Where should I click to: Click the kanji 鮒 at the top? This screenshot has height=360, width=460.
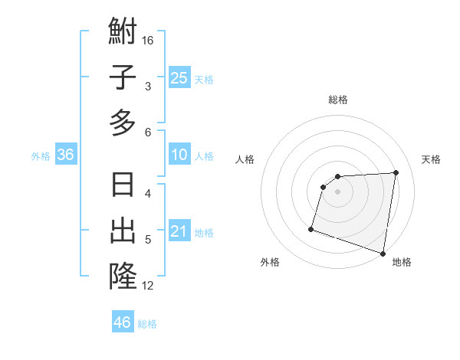tap(123, 33)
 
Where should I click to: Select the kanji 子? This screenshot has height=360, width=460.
tap(123, 78)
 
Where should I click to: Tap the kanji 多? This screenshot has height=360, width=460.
tap(123, 122)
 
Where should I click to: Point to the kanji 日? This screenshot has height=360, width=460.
tap(123, 186)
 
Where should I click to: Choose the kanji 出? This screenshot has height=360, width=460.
tap(123, 231)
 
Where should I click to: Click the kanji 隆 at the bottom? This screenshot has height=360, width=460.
tap(123, 275)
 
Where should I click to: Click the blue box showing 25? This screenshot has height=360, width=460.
tap(179, 77)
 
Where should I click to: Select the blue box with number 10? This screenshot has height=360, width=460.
tap(179, 155)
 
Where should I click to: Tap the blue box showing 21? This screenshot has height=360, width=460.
tap(179, 232)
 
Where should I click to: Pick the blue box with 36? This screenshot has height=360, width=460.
tap(66, 155)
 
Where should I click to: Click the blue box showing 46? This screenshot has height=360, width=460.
tap(122, 322)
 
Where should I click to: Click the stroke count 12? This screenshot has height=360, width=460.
tap(148, 286)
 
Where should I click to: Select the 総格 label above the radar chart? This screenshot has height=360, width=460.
tap(338, 100)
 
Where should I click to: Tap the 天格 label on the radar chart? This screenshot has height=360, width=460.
tap(432, 159)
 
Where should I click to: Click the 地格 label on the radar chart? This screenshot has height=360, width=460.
tap(402, 262)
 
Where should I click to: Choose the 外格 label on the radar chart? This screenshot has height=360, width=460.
tap(270, 262)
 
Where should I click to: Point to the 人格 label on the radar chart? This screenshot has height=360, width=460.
tap(245, 159)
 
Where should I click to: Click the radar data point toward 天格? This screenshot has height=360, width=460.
tap(396, 172)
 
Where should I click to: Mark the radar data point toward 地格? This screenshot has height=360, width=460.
tap(383, 254)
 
